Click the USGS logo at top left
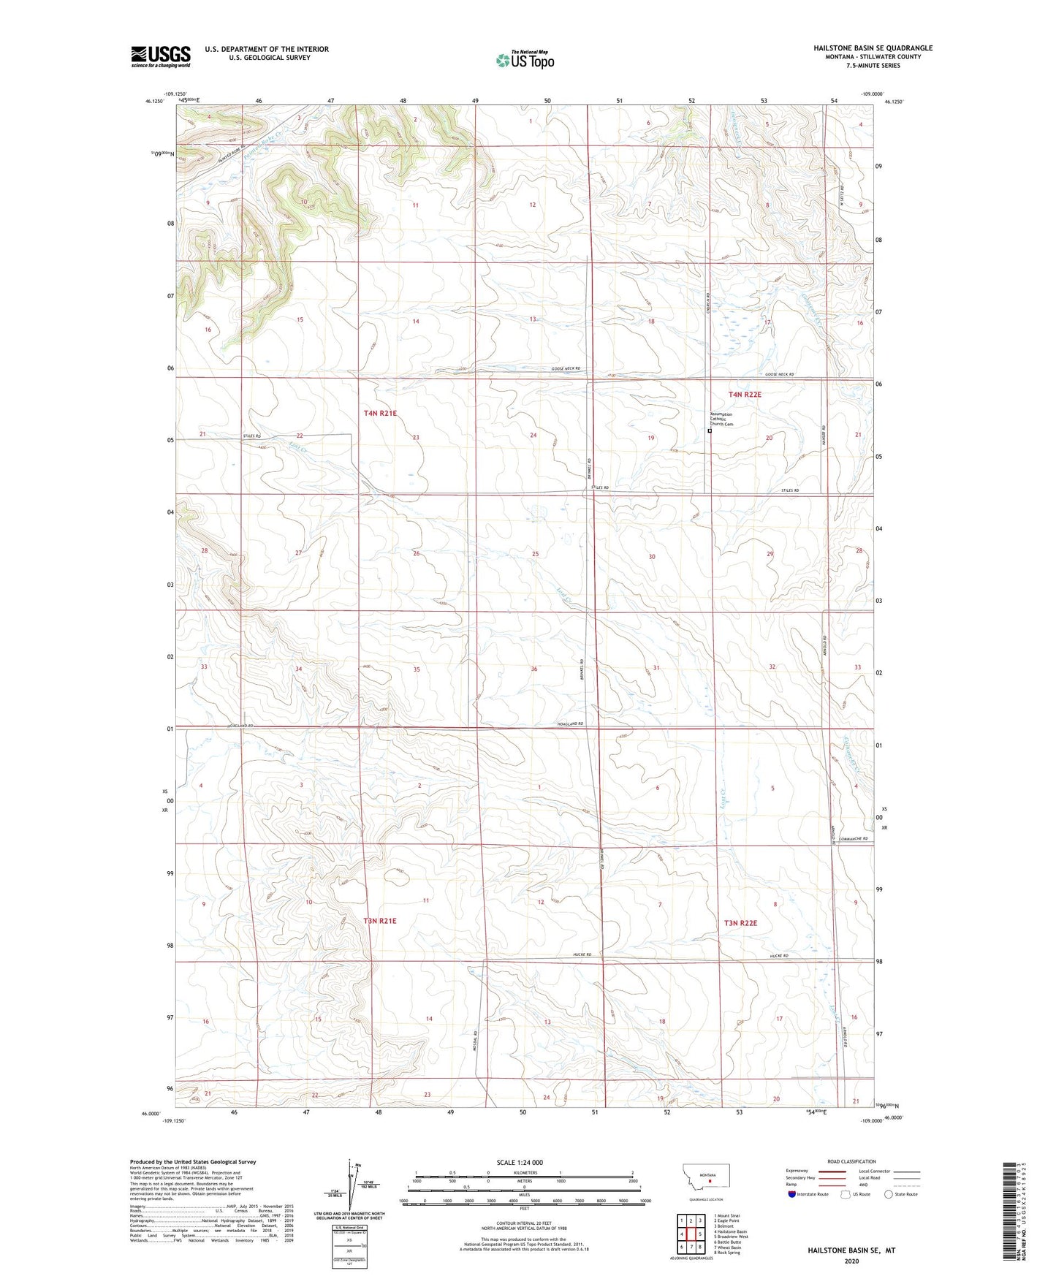point(161,56)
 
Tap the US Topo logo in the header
point(524,60)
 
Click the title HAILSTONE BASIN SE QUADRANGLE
point(873,48)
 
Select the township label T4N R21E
point(380,414)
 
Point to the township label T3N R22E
point(740,923)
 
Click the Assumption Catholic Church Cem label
point(722,419)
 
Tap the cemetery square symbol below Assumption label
point(710,431)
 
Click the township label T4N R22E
point(745,395)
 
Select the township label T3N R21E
point(380,921)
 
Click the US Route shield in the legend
point(846,1195)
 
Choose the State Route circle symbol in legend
point(889,1195)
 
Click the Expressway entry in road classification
point(797,1171)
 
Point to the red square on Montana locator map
point(710,1179)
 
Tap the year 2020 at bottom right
point(851,1261)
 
